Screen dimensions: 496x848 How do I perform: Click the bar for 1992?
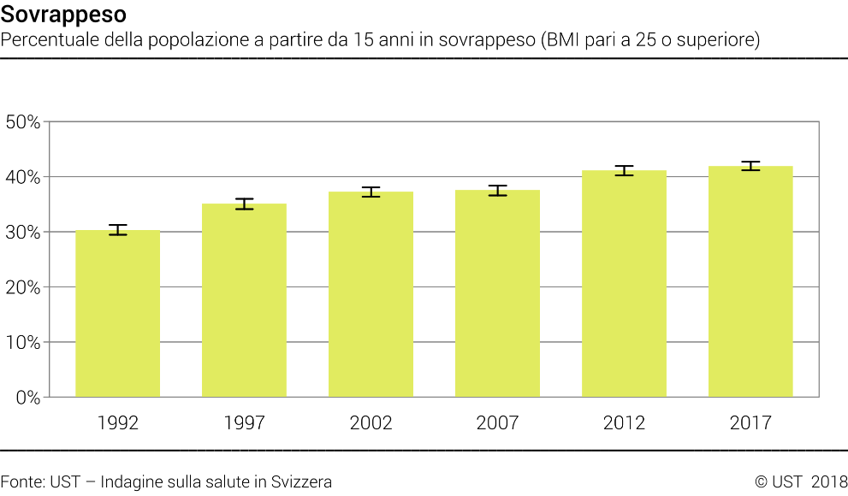(118, 314)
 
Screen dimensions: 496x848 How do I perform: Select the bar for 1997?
(244, 300)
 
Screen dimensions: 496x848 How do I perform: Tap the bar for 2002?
(371, 294)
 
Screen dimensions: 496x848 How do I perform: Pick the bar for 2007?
(497, 293)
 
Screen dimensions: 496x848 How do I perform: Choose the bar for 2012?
(624, 284)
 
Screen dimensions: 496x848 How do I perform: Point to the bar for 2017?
(750, 281)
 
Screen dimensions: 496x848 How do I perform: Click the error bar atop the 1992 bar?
(118, 229)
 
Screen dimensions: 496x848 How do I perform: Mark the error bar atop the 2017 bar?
(750, 166)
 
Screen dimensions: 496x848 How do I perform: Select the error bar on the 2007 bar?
(497, 191)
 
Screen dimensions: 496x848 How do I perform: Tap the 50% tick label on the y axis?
(23, 122)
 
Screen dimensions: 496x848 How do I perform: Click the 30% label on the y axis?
(23, 233)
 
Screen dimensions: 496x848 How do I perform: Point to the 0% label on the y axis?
(28, 398)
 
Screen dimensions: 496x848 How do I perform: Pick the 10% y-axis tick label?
(23, 343)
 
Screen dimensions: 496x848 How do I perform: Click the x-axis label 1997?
(244, 422)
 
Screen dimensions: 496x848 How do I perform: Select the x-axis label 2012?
(624, 422)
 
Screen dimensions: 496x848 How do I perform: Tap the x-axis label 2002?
(371, 422)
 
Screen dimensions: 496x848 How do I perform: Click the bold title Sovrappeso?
(63, 15)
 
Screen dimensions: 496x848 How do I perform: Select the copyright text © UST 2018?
(801, 482)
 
